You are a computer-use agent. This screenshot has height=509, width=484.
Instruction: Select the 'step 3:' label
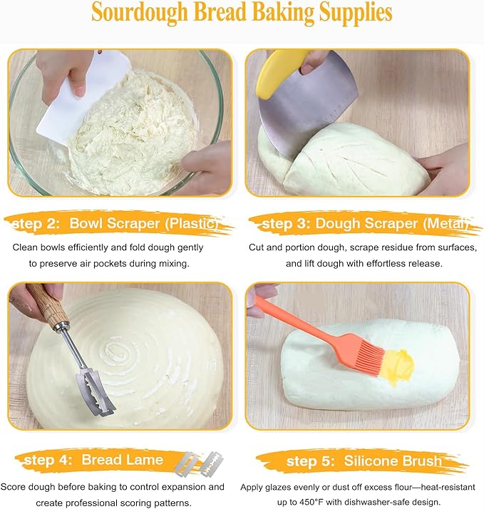(285, 225)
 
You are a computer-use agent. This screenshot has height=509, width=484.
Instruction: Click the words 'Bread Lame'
(122, 460)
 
